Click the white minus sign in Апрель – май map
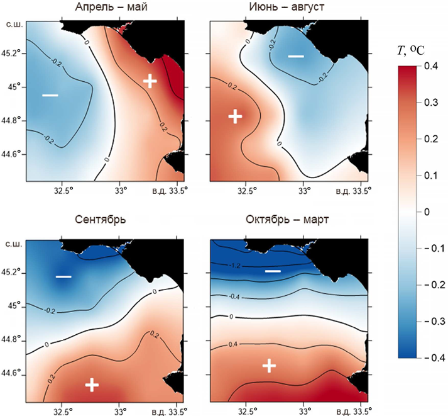(x=50, y=95)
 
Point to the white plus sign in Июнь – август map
(x=235, y=116)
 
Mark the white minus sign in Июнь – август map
(x=295, y=57)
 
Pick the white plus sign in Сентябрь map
(x=92, y=384)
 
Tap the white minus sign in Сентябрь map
(x=63, y=276)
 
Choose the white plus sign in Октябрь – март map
(x=269, y=365)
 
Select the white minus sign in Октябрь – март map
(x=273, y=271)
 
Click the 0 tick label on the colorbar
(x=424, y=212)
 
